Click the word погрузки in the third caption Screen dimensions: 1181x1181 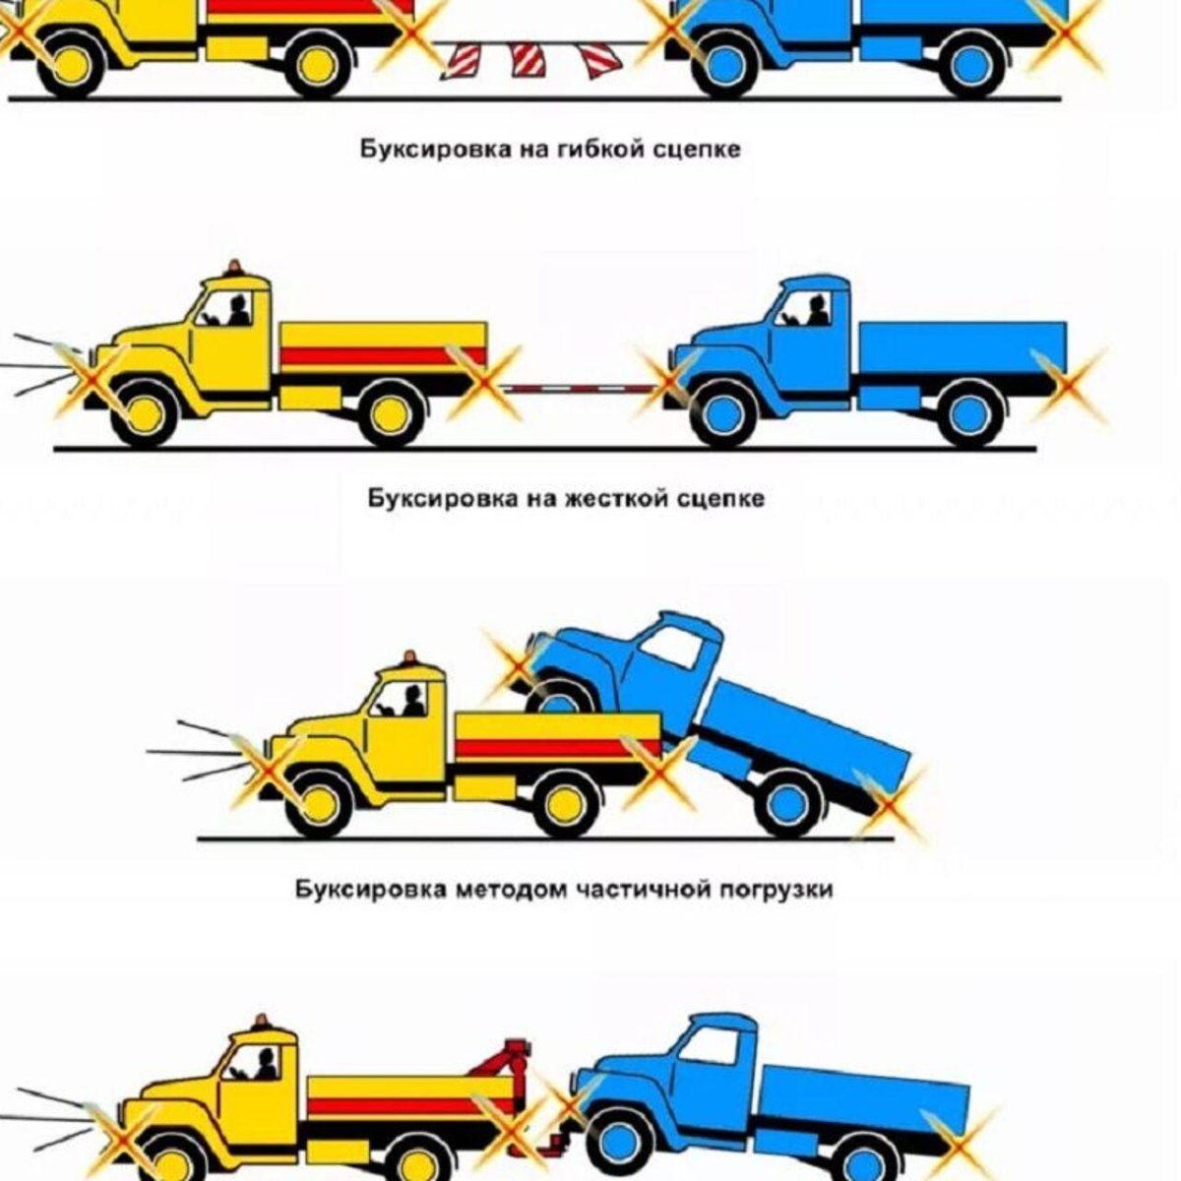[777, 890]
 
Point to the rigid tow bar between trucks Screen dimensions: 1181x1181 [581, 388]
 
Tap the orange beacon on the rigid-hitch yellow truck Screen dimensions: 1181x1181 [234, 268]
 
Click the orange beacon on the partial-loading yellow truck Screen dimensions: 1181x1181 [408, 657]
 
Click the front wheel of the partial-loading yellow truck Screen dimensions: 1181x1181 [317, 802]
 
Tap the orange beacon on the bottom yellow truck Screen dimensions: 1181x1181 [262, 1022]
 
